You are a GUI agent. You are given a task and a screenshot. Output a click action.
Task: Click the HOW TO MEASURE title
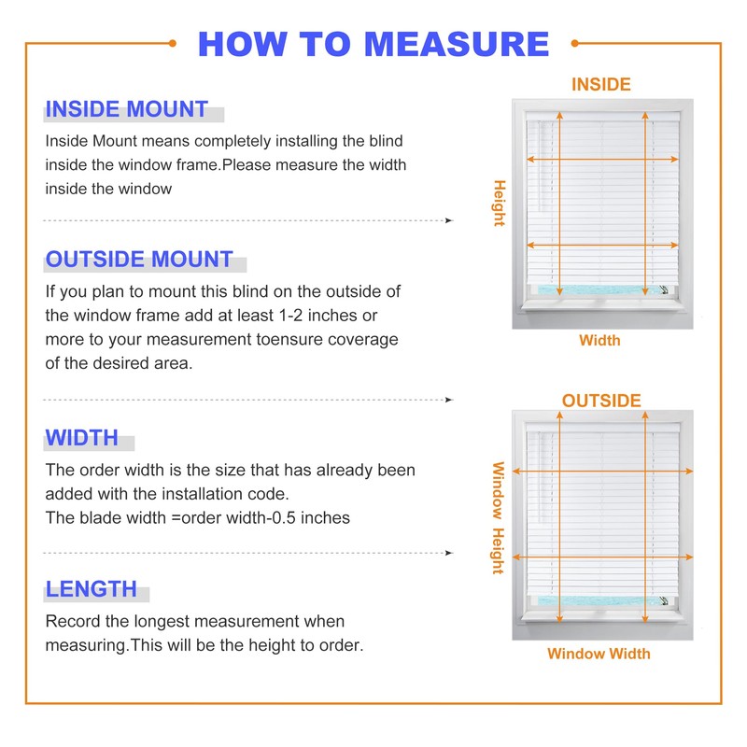tap(373, 44)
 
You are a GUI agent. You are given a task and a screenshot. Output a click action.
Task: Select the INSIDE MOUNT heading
tap(126, 109)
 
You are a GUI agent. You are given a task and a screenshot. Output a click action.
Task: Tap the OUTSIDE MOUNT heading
tap(139, 260)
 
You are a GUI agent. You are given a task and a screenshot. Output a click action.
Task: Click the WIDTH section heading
tap(82, 438)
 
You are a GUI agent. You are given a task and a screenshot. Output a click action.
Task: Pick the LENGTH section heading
tap(92, 589)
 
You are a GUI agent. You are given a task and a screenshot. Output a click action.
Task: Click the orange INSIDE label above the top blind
tap(600, 84)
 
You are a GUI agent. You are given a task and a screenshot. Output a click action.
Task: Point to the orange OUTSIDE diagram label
tap(601, 401)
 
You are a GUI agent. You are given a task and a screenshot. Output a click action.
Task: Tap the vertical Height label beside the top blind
tap(499, 203)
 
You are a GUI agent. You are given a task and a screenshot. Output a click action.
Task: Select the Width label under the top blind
tap(599, 340)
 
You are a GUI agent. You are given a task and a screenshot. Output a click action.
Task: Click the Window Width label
tap(599, 654)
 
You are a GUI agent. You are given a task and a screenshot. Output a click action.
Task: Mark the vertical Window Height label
tap(498, 518)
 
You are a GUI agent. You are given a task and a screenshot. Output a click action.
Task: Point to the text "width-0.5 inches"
tap(289, 517)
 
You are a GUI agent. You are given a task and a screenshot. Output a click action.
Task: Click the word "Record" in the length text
tap(73, 621)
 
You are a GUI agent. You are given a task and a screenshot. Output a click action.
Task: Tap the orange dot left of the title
tap(173, 42)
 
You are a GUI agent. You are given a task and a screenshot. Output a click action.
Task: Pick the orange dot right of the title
tap(574, 42)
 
